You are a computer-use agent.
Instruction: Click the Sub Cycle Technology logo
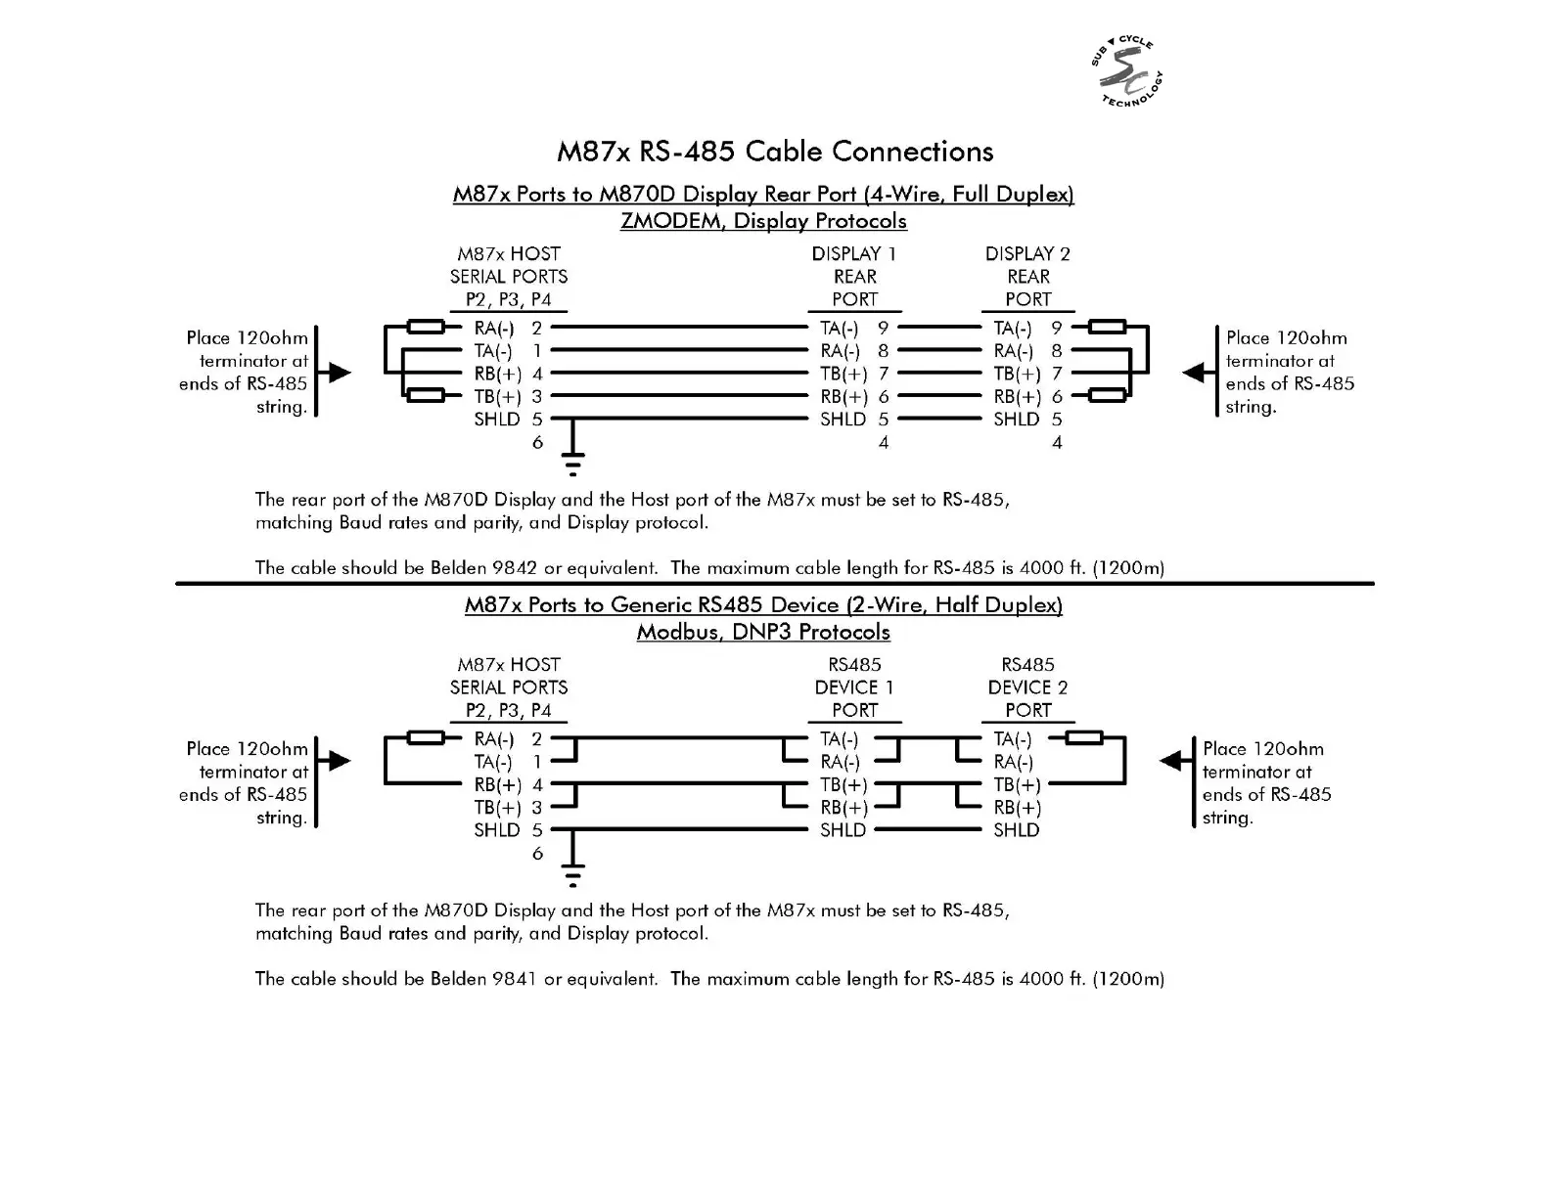click(x=1127, y=72)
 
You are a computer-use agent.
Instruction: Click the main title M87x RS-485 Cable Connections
click(x=775, y=152)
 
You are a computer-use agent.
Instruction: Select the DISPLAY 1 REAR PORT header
click(x=854, y=277)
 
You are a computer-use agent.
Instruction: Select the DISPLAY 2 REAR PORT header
click(x=1027, y=277)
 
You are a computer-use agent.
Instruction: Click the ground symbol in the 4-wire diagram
click(x=572, y=458)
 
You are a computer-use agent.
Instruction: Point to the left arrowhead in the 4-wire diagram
click(x=339, y=373)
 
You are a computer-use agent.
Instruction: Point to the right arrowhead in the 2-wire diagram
click(x=1170, y=761)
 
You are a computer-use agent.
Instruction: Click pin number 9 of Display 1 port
click(x=884, y=329)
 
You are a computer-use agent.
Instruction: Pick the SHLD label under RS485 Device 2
click(x=1017, y=830)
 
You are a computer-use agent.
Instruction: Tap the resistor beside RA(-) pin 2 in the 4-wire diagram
click(x=426, y=328)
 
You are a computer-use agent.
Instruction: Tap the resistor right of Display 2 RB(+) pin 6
click(x=1107, y=395)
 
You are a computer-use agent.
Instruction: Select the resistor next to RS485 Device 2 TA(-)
click(x=1083, y=738)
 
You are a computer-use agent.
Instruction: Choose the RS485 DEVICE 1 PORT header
click(x=854, y=687)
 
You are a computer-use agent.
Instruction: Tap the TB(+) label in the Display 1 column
click(x=843, y=374)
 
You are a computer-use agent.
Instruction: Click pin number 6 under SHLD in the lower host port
click(x=537, y=854)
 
